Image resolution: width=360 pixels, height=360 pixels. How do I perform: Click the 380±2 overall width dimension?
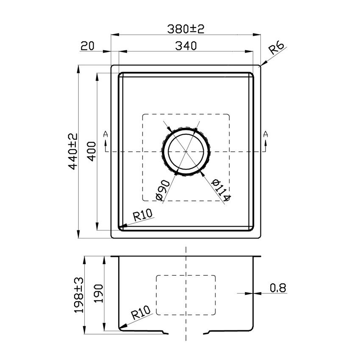point(185,29)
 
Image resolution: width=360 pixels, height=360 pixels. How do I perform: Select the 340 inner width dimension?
point(185,46)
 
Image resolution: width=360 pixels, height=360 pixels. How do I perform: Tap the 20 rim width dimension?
point(87,46)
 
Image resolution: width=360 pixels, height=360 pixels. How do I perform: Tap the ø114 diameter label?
point(221,190)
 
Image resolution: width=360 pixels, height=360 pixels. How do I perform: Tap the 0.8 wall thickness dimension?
point(278,288)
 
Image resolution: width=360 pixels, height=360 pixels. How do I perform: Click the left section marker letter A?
point(105,134)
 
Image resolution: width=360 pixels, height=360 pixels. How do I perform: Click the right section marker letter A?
point(266,134)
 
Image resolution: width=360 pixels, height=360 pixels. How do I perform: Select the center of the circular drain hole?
point(186,152)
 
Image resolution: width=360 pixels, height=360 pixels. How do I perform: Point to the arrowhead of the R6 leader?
point(261,65)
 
